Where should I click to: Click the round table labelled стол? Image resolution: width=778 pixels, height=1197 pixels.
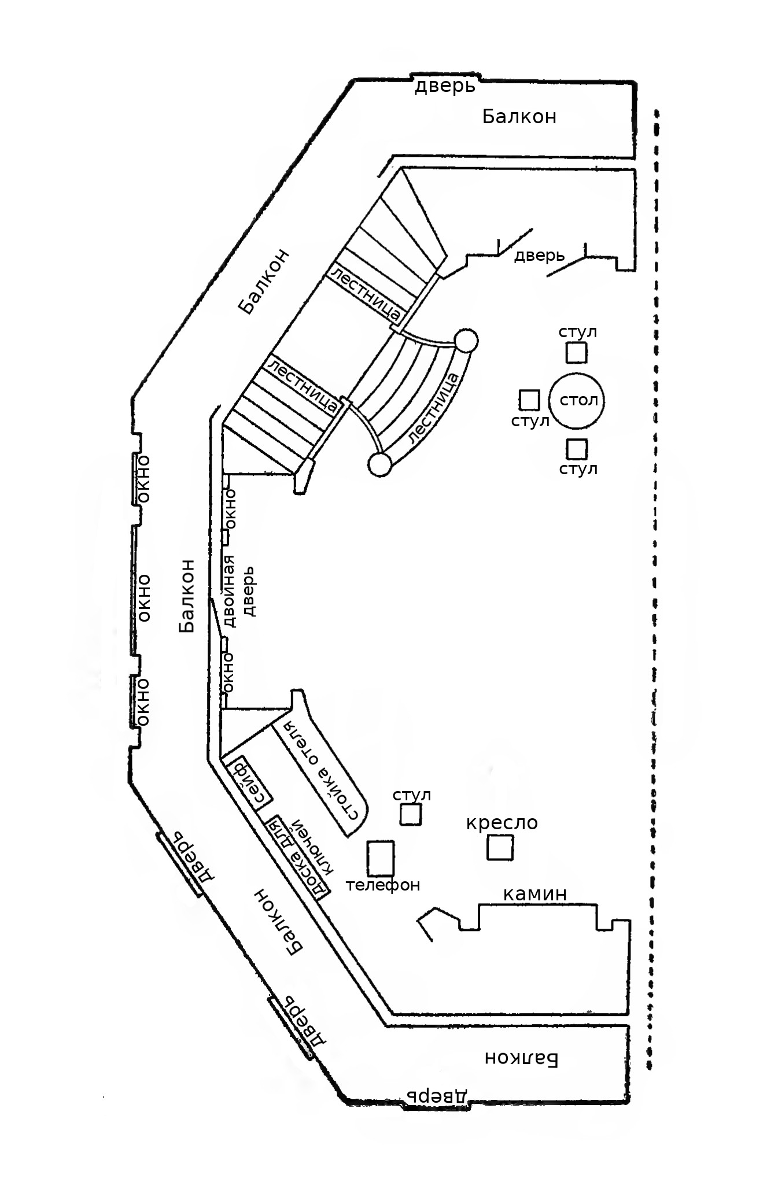coord(576,401)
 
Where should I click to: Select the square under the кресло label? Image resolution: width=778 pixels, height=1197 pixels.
coord(500,848)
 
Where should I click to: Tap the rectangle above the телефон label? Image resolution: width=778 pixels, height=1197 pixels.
coord(381,858)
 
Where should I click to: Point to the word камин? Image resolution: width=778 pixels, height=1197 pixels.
coord(534,894)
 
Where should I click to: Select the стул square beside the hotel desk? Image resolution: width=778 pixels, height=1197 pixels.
coord(411,815)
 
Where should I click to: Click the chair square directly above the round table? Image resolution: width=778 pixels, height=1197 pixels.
coord(576,352)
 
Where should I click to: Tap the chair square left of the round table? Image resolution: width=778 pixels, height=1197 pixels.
coord(529,400)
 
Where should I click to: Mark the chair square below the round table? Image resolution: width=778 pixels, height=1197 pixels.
coord(577,449)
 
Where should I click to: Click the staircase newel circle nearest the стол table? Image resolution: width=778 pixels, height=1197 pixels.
coord(466,341)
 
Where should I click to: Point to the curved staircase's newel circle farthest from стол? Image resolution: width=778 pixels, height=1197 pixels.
coord(380,464)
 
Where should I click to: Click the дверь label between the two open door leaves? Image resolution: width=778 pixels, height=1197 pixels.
coord(539,255)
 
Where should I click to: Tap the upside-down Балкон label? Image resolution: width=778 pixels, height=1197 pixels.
coord(521,1058)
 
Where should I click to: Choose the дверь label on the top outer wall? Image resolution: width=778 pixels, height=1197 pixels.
coord(445,87)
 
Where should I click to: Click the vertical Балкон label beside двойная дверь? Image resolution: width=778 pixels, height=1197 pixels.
coord(187,596)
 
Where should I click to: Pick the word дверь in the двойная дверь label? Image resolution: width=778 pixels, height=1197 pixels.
coord(249,591)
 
